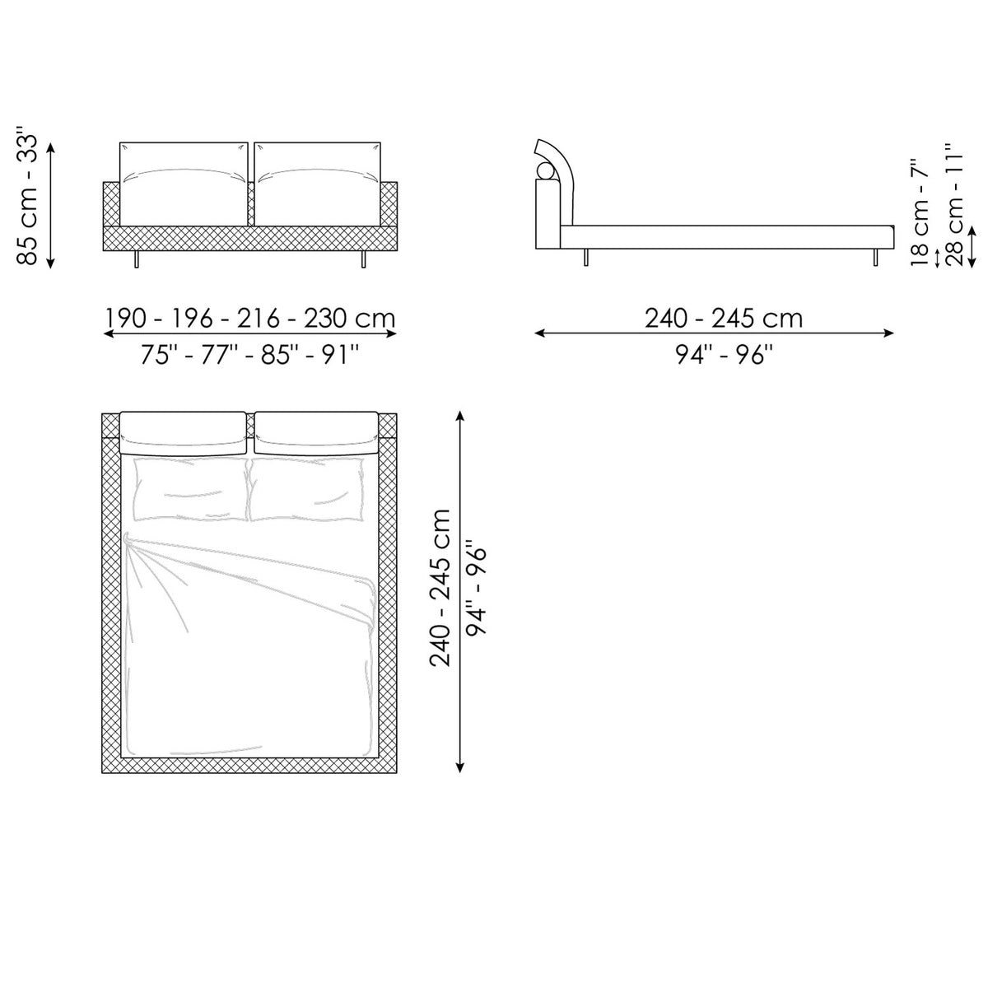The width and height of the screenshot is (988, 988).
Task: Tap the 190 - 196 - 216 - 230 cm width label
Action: pyautogui.click(x=250, y=319)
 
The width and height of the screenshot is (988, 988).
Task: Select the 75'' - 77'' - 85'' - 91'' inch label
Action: pyautogui.click(x=250, y=355)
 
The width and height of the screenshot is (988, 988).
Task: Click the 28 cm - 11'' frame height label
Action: pyautogui.click(x=954, y=204)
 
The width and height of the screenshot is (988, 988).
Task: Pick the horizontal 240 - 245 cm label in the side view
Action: pyautogui.click(x=724, y=319)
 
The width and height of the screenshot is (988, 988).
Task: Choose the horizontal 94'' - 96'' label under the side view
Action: pyautogui.click(x=724, y=354)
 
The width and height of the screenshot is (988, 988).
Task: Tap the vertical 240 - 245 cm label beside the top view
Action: pyautogui.click(x=440, y=588)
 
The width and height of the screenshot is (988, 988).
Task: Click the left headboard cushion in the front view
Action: pyautogui.click(x=184, y=184)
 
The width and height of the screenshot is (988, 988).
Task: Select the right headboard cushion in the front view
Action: pyautogui.click(x=318, y=184)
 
